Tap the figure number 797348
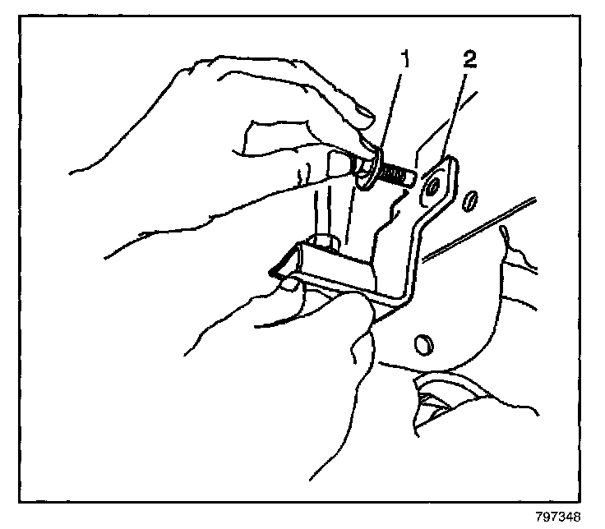[557, 517]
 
